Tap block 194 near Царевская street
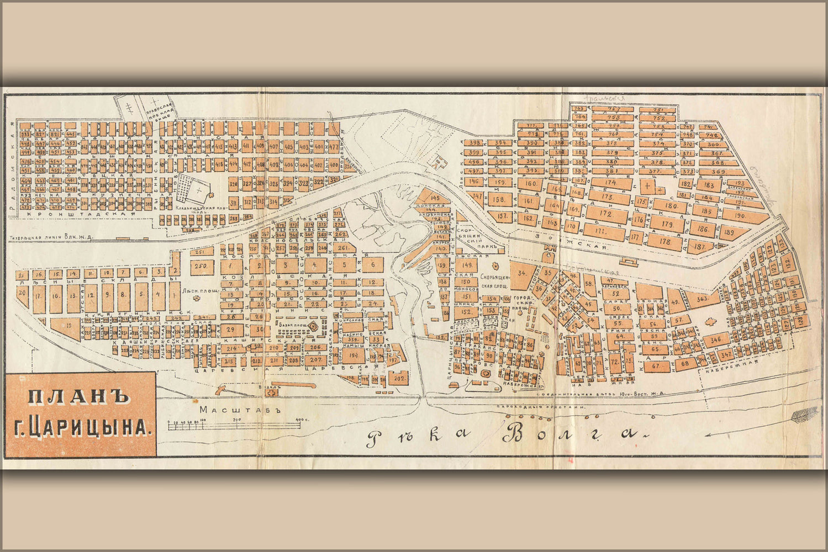coord(354,355)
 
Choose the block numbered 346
coord(716,339)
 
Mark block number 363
coord(702,299)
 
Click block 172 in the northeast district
coord(605,213)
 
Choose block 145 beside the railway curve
coord(434,198)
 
